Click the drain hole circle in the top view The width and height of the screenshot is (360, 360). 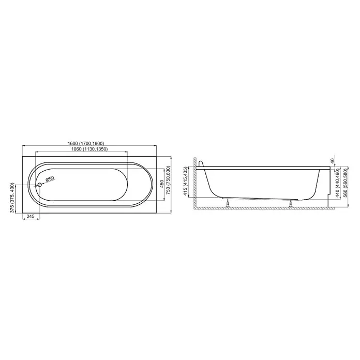(x=39, y=184)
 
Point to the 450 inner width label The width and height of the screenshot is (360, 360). (x=162, y=185)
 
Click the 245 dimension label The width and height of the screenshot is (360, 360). (x=31, y=216)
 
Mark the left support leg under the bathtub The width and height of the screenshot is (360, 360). (x=228, y=203)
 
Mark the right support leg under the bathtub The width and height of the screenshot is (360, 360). (x=291, y=203)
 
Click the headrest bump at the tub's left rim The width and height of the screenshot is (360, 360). (x=201, y=163)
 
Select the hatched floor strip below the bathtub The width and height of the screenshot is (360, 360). (x=264, y=208)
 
